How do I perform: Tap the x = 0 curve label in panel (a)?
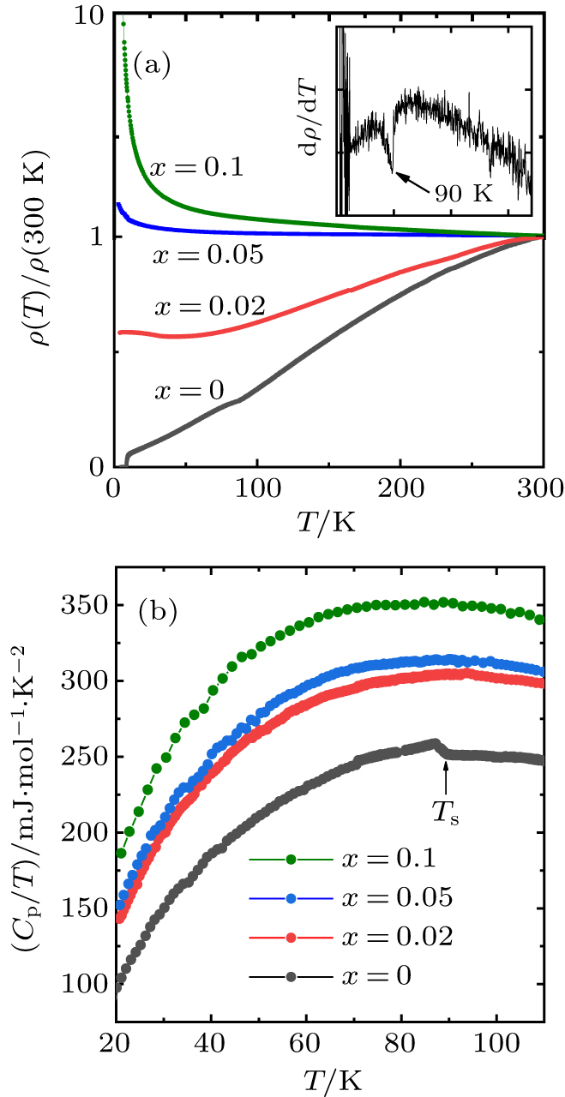click(x=189, y=391)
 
